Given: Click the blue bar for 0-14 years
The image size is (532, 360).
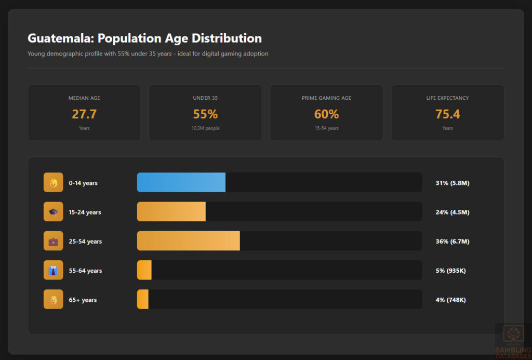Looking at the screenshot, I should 181,182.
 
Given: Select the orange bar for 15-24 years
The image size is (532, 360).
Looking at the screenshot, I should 171,212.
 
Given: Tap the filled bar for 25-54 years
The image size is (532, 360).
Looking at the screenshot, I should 188,241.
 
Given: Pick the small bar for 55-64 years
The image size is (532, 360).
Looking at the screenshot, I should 144,270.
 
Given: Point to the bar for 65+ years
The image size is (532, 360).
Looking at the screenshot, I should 143,299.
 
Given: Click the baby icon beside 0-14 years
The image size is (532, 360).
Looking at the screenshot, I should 53,183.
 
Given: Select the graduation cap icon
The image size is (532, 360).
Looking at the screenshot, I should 53,212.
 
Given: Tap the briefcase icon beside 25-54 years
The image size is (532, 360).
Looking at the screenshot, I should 53,241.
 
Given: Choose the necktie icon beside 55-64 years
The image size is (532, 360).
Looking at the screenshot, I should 53,270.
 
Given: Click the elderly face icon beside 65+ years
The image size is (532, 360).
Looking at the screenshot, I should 53,299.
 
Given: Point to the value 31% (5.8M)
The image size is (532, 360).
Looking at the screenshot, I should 452,183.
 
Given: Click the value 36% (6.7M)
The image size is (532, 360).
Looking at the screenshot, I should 452,242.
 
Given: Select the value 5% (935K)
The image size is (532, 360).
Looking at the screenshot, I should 450,271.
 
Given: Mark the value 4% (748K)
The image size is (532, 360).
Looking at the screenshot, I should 450,300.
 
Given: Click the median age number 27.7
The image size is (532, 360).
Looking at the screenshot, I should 84,114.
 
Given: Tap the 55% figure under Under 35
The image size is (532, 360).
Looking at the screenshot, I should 205,114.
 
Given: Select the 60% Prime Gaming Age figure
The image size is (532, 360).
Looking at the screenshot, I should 326,114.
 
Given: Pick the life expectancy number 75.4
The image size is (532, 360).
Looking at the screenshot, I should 447,114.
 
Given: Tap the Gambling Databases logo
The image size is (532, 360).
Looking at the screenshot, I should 513,340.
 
